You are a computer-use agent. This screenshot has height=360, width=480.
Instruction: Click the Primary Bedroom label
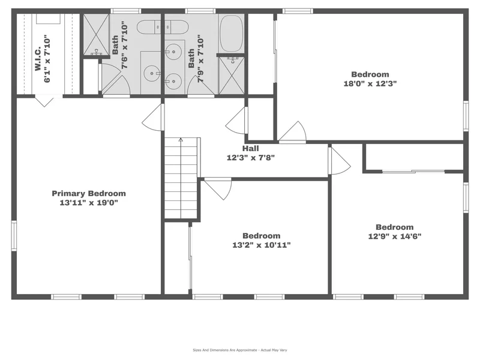[89, 193]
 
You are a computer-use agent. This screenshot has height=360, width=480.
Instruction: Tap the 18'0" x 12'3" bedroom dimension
[370, 83]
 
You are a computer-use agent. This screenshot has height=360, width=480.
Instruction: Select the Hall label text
[251, 148]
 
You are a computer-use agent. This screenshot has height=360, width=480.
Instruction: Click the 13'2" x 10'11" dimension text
[262, 245]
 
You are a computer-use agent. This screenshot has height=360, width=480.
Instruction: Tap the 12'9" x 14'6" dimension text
[395, 236]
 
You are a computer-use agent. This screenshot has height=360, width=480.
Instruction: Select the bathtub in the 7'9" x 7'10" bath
[232, 34]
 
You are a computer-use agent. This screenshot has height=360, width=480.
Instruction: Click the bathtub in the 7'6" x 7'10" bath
[162, 27]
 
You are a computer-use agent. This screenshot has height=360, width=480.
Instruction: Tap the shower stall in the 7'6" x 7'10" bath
[97, 35]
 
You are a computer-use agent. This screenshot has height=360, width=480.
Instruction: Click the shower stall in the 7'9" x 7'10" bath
[232, 76]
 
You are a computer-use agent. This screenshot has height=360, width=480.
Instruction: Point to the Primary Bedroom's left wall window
[14, 236]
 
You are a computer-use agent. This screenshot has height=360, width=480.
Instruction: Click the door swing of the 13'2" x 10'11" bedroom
[218, 188]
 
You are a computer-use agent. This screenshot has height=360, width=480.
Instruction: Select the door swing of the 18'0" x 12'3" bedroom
[292, 132]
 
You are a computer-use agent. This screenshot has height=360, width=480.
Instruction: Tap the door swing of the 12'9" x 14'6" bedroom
[340, 161]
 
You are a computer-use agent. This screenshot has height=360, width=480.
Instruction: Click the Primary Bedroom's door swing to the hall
[153, 118]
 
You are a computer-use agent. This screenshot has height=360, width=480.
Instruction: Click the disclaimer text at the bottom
[239, 350]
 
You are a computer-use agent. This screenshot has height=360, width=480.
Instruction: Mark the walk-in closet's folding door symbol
[44, 101]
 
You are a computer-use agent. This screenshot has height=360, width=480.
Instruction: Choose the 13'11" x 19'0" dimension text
[89, 203]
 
